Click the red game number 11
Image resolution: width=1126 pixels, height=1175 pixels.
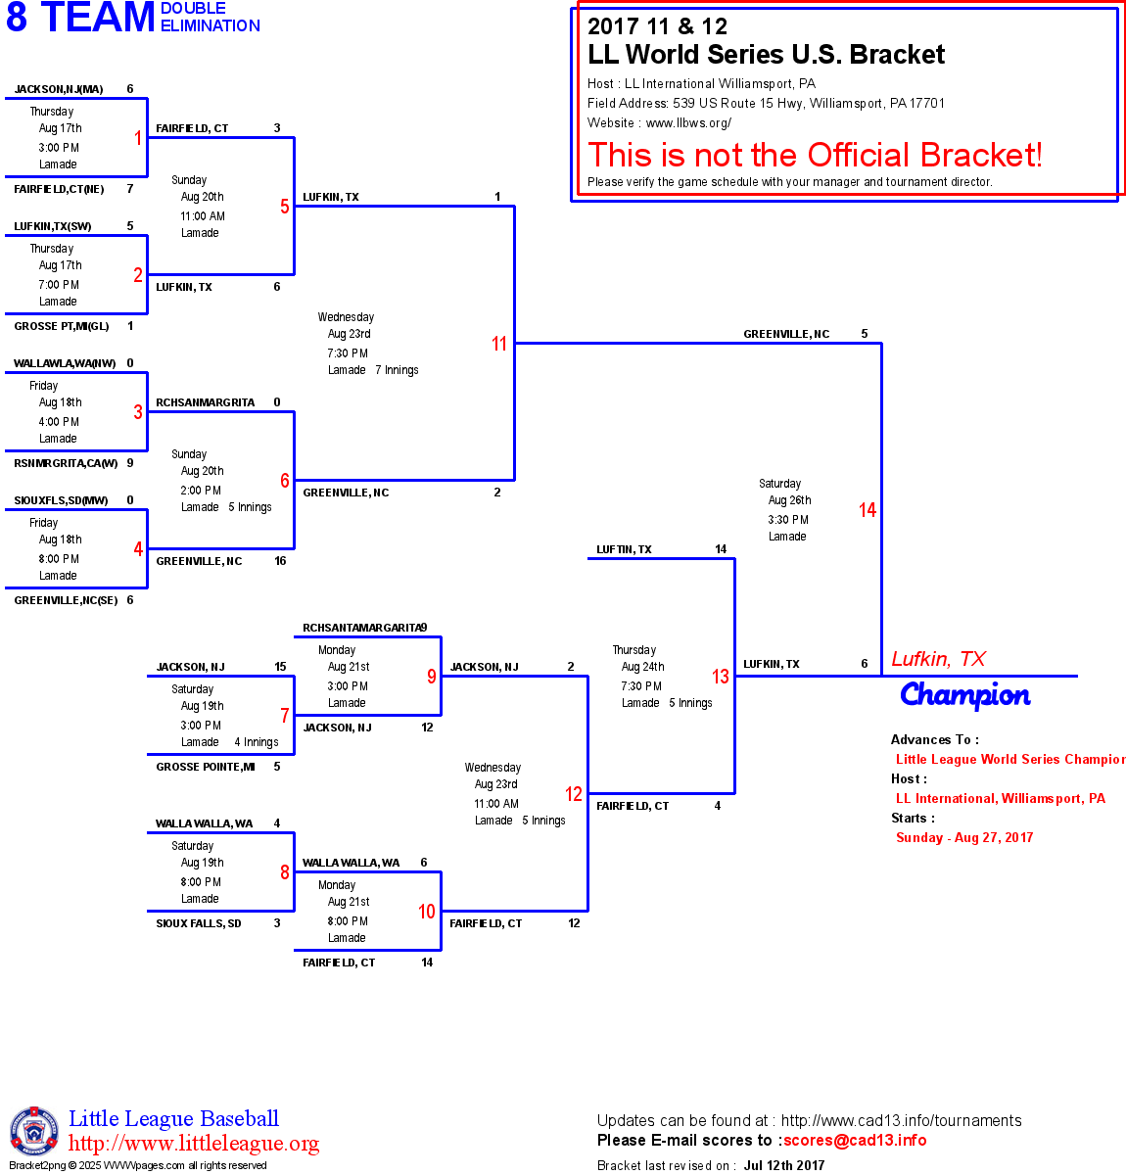pyautogui.click(x=499, y=344)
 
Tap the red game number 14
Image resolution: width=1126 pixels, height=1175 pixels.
pyautogui.click(x=868, y=510)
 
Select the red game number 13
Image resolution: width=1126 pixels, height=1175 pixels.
pyautogui.click(x=721, y=677)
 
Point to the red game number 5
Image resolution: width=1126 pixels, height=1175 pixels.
pyautogui.click(x=285, y=207)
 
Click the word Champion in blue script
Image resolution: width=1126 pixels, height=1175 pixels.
pyautogui.click(x=965, y=695)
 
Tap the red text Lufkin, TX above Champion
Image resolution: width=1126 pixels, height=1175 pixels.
pyautogui.click(x=938, y=659)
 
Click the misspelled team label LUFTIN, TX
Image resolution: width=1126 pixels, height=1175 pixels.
pyautogui.click(x=624, y=549)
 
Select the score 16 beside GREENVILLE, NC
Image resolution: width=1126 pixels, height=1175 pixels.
pyautogui.click(x=280, y=561)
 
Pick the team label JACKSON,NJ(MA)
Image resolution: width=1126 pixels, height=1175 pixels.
pyautogui.click(x=59, y=89)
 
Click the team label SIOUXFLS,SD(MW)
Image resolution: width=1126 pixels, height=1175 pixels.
pyautogui.click(x=61, y=500)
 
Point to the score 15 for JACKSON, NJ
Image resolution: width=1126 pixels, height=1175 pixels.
pyautogui.click(x=280, y=667)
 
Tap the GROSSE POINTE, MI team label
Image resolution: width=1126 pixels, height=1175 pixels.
pyautogui.click(x=206, y=767)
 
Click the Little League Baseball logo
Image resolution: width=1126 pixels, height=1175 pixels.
pyautogui.click(x=34, y=1131)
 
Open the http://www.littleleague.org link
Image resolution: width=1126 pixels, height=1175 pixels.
pyautogui.click(x=194, y=1144)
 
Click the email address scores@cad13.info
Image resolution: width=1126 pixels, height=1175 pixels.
pyautogui.click(x=855, y=1140)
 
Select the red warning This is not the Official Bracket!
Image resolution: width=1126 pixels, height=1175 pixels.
pyautogui.click(x=815, y=155)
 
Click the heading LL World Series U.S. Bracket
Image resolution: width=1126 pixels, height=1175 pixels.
pyautogui.click(x=766, y=55)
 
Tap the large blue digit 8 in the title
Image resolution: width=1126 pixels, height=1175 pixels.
pyautogui.click(x=17, y=18)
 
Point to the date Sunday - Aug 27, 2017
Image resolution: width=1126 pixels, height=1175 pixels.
pyautogui.click(x=964, y=837)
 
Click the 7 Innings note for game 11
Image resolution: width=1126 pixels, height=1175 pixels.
pyautogui.click(x=397, y=370)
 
